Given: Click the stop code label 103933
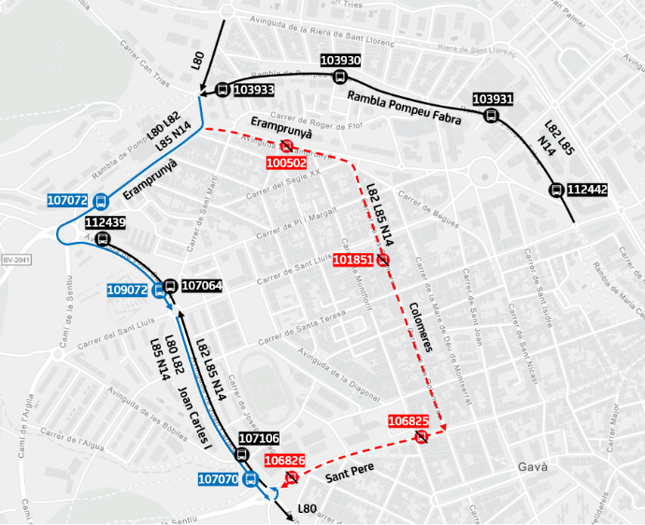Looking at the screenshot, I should coord(253,91).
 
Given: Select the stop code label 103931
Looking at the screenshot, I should coord(493,99).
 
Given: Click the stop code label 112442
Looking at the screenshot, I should coord(587,190).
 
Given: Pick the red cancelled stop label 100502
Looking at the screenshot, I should coord(286,163).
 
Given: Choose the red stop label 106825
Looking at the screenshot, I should coord(408,422).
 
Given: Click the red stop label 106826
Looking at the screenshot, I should coord(284,461).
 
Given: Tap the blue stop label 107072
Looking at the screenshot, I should coord(67,200).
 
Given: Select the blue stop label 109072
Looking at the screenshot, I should coord(127,291).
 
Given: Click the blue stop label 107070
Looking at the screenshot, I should coord(219,479).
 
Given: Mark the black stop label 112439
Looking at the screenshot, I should coord(105,222).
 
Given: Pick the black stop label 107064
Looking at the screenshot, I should coord(202,286).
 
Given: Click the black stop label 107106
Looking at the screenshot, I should coord(259,438).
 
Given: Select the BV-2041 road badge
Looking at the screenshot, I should coord(16,261).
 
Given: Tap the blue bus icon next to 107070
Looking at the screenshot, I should coord(250,479).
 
